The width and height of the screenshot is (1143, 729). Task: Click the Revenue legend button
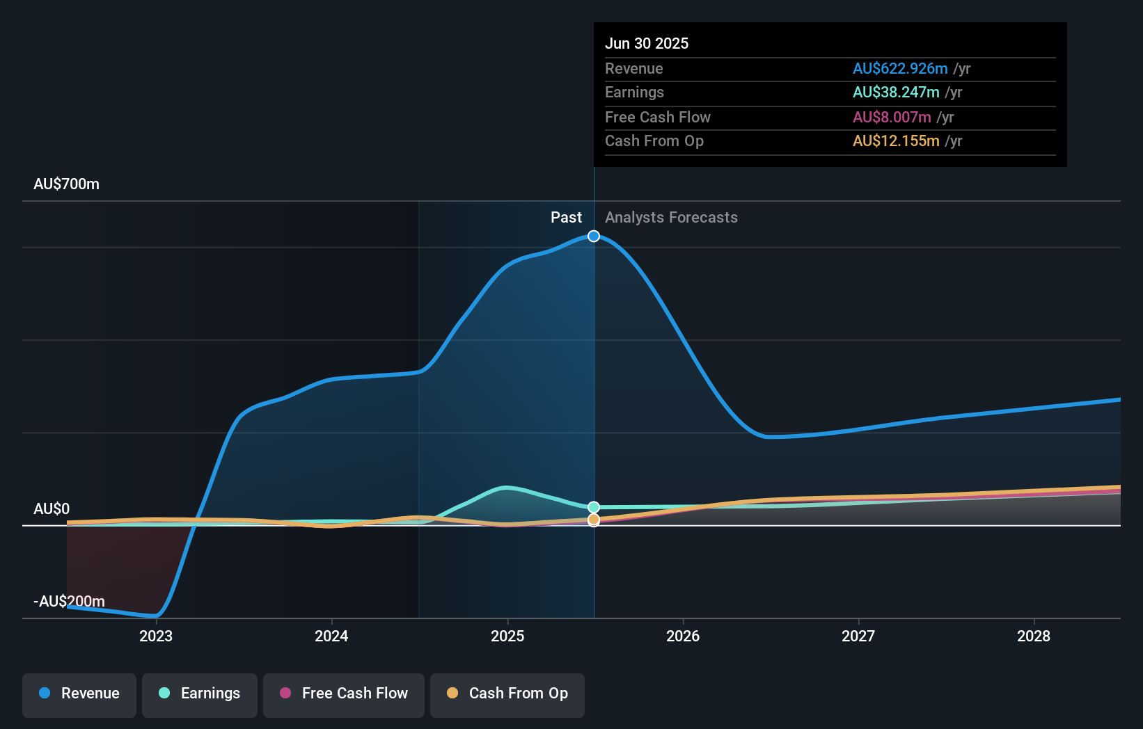tap(79, 694)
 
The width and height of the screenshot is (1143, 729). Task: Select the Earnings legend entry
tap(200, 694)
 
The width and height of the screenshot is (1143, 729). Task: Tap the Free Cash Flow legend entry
tap(344, 694)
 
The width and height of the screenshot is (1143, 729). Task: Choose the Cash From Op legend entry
tap(507, 694)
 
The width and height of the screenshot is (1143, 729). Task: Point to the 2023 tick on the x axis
tap(156, 636)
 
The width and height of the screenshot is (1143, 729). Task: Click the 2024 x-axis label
tap(331, 636)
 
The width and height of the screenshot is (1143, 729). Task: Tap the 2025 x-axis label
tap(507, 636)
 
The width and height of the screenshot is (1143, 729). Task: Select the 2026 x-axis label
tap(683, 636)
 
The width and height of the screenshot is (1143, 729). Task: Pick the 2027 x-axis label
tap(858, 636)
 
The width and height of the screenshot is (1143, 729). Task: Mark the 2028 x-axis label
tap(1034, 636)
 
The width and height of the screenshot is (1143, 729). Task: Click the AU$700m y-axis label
tap(66, 184)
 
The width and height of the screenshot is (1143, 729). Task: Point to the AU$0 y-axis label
tap(52, 508)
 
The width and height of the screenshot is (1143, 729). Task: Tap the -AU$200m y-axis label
tap(69, 601)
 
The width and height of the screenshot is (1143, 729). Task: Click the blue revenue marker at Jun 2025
tap(594, 237)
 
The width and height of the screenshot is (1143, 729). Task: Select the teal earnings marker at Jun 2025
tap(594, 507)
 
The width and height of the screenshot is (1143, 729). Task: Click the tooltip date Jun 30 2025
tap(647, 43)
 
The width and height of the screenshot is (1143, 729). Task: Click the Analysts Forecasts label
tap(671, 217)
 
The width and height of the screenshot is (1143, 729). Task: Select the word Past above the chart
tap(566, 217)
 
